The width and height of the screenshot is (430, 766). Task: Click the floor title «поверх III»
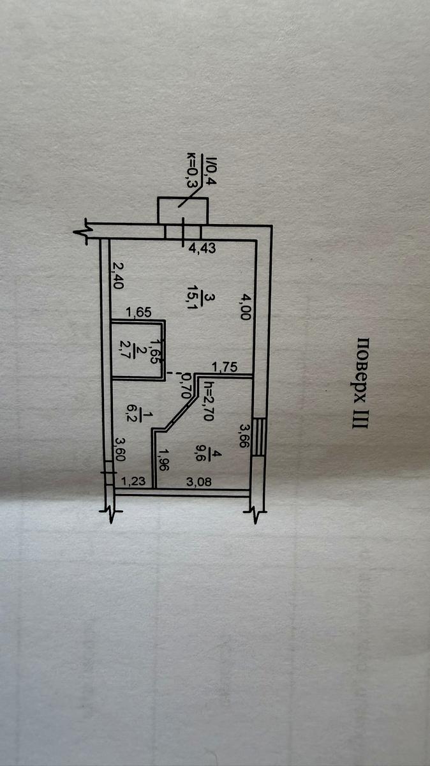pyautogui.click(x=360, y=384)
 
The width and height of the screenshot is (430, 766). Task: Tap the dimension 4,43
pyautogui.click(x=202, y=248)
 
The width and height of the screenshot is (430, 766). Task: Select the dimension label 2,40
pyautogui.click(x=117, y=276)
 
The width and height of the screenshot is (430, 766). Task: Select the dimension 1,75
pyautogui.click(x=225, y=367)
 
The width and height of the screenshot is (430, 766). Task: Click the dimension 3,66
pyautogui.click(x=246, y=437)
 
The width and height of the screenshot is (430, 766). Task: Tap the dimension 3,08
pyautogui.click(x=199, y=481)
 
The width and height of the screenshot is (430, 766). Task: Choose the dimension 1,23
pyautogui.click(x=133, y=481)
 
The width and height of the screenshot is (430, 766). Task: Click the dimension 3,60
pyautogui.click(x=120, y=449)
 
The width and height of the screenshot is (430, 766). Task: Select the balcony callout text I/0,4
pyautogui.click(x=210, y=170)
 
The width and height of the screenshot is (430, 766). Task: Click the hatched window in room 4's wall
pyautogui.click(x=260, y=437)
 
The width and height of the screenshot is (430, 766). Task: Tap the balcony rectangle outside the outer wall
pyautogui.click(x=183, y=211)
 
